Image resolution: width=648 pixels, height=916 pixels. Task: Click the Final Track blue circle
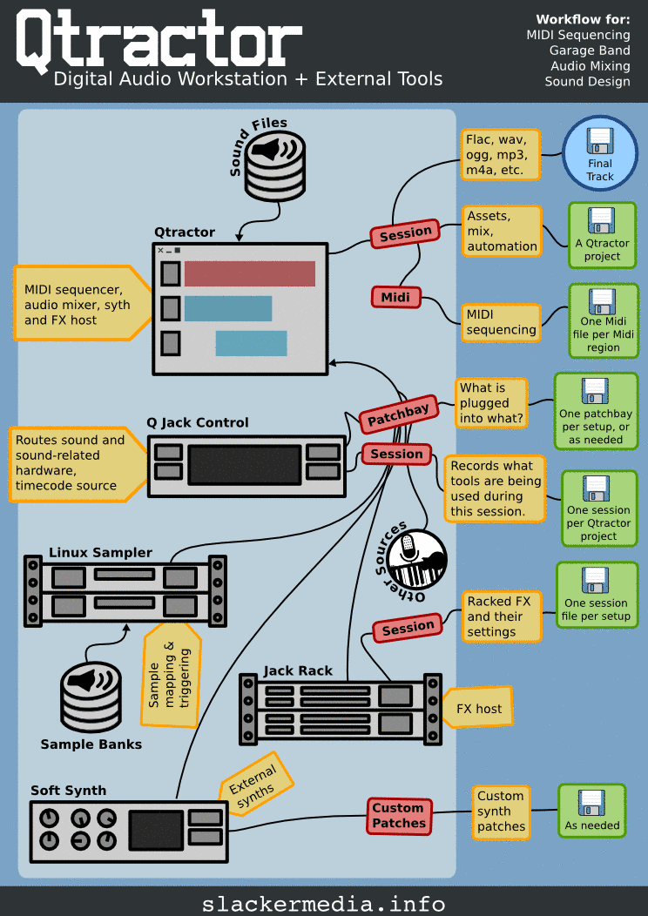click(x=600, y=153)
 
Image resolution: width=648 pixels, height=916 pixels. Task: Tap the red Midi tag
click(x=396, y=297)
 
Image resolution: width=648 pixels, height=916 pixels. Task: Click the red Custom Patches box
click(x=399, y=816)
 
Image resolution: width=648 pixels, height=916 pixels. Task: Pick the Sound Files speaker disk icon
click(x=275, y=164)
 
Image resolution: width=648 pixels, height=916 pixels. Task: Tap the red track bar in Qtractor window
click(x=249, y=273)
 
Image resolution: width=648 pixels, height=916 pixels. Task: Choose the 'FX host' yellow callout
click(x=478, y=708)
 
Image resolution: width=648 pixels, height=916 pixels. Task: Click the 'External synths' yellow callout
click(x=254, y=783)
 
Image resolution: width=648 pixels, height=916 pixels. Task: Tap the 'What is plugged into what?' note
click(x=491, y=403)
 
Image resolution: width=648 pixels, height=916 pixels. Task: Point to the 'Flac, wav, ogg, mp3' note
click(x=501, y=155)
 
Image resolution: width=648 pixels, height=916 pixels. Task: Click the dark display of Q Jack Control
click(x=245, y=464)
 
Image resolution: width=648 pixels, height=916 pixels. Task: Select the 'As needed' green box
click(x=591, y=811)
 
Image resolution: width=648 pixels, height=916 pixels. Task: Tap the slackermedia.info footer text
click(x=323, y=903)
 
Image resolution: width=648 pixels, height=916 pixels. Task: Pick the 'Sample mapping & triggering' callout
click(x=172, y=674)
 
